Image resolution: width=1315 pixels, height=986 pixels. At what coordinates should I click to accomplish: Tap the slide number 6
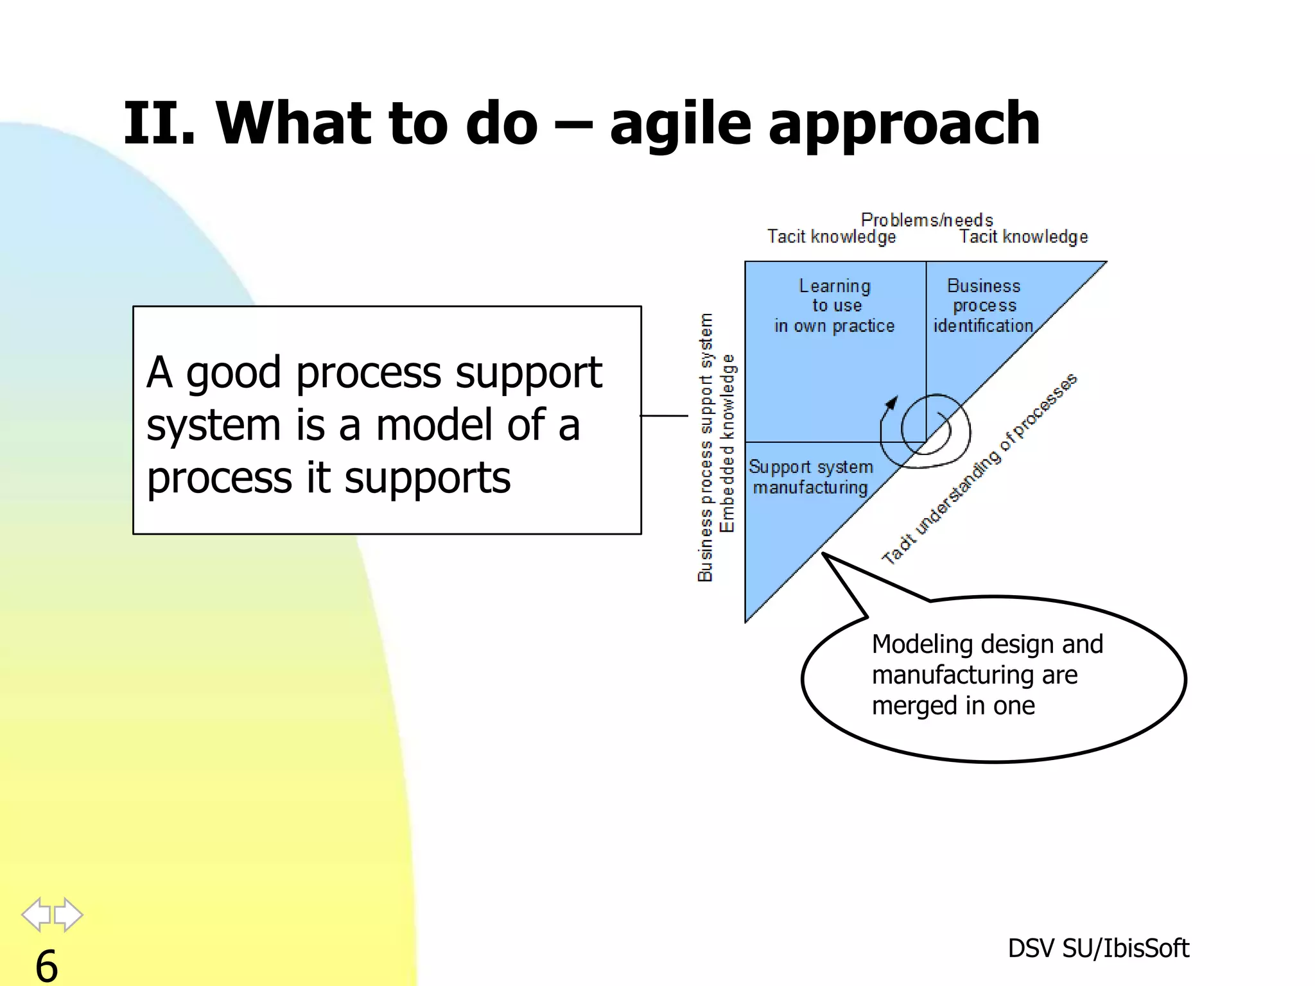coord(46,965)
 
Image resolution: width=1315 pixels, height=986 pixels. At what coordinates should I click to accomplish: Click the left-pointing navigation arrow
coord(36,914)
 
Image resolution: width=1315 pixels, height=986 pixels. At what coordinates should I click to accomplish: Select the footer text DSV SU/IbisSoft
coord(1098,948)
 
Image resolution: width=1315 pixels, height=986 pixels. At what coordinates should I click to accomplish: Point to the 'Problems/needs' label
coord(927,220)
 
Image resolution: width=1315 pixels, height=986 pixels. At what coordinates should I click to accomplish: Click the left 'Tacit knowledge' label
coord(832,237)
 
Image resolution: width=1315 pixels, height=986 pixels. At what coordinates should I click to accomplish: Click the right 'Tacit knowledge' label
coord(1023,237)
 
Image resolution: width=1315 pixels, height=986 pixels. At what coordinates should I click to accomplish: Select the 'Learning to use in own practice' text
coord(834,306)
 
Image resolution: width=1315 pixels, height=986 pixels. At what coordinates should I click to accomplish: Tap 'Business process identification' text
coord(983,306)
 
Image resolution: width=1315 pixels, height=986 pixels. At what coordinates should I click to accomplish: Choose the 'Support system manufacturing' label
coord(810,477)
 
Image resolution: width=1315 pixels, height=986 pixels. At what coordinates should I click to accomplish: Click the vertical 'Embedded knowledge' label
coord(727,443)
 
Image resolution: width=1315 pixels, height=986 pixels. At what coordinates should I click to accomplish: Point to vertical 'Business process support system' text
coord(706,447)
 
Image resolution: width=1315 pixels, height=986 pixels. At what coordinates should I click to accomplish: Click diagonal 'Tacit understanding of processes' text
coord(979,469)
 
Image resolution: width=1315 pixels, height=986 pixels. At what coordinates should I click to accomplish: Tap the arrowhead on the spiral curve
coord(892,402)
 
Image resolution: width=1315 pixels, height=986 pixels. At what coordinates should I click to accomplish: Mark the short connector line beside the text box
coord(664,416)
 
